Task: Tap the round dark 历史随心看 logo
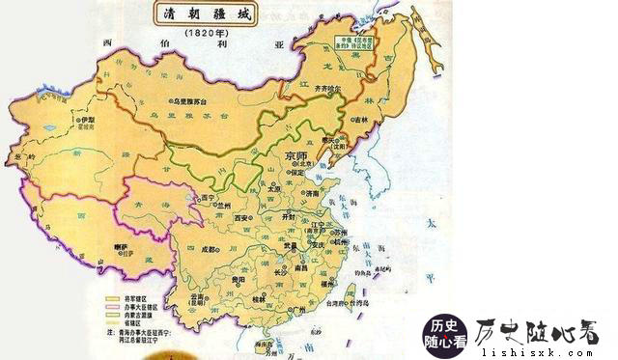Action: [446, 331]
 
